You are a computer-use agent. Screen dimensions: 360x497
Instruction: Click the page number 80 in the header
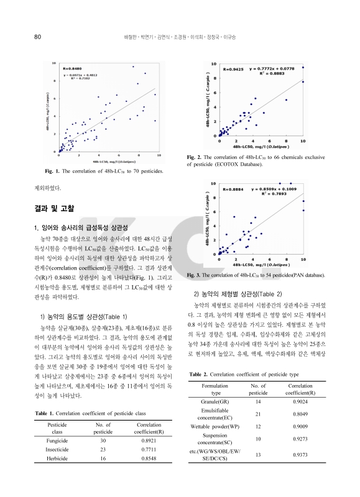tap(37, 36)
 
